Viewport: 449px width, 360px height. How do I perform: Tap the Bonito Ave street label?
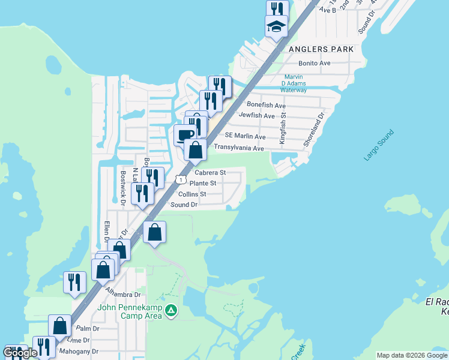[315, 63]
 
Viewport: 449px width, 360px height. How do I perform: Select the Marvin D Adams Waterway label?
[294, 83]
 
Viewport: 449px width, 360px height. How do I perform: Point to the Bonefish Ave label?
[264, 105]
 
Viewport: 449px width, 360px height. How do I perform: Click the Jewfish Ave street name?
[256, 115]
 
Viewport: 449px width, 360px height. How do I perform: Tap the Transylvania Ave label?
[239, 148]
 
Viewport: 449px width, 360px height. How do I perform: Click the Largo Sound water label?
[379, 145]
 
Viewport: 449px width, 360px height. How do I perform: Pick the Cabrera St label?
[210, 172]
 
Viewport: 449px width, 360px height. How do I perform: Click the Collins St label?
[192, 194]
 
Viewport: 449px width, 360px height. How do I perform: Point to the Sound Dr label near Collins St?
[184, 205]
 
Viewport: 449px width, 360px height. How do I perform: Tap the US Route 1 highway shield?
[180, 179]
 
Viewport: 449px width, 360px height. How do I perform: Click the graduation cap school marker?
[276, 26]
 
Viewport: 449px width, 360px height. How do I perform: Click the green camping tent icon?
[172, 311]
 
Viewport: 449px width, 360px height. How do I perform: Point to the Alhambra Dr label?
[123, 293]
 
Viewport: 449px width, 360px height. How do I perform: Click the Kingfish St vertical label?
[284, 127]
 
